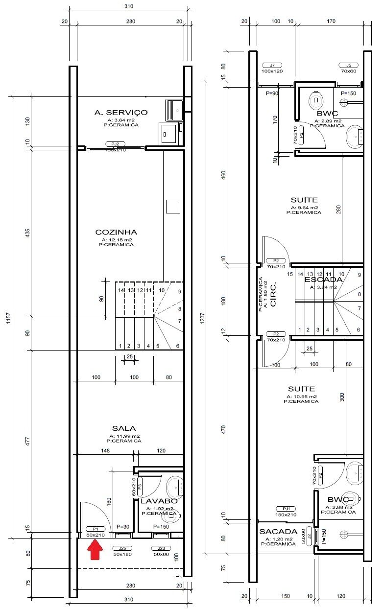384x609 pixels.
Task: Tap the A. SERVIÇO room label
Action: (x=121, y=113)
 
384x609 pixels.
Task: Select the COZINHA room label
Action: (x=116, y=232)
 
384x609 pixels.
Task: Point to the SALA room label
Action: (x=123, y=428)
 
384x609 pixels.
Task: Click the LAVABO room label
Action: (x=156, y=501)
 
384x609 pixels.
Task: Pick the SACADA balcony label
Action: (x=278, y=532)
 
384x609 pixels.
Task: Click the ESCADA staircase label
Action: (x=323, y=280)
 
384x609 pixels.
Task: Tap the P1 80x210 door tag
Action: (x=96, y=529)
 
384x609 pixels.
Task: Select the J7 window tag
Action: (x=272, y=65)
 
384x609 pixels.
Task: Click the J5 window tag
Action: (x=348, y=65)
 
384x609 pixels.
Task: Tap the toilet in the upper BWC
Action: (x=315, y=101)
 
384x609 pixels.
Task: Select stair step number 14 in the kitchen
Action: (x=120, y=290)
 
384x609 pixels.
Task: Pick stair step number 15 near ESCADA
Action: (x=290, y=274)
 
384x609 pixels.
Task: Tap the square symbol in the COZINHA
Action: (x=173, y=207)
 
